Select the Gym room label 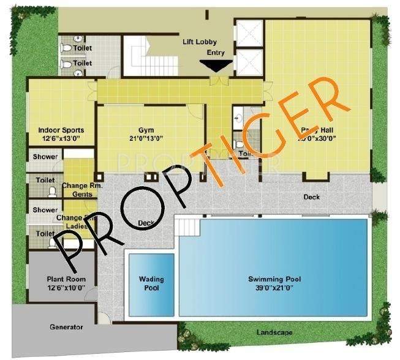click(145, 129)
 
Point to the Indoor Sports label click(61, 130)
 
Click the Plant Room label click(66, 279)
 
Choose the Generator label click(66, 327)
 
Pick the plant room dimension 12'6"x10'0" click(66, 288)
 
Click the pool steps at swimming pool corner click(186, 227)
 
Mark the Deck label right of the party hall click(312, 197)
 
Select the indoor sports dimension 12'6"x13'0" click(61, 139)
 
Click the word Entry click(216, 53)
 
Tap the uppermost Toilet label click(83, 47)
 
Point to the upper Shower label click(45, 157)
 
